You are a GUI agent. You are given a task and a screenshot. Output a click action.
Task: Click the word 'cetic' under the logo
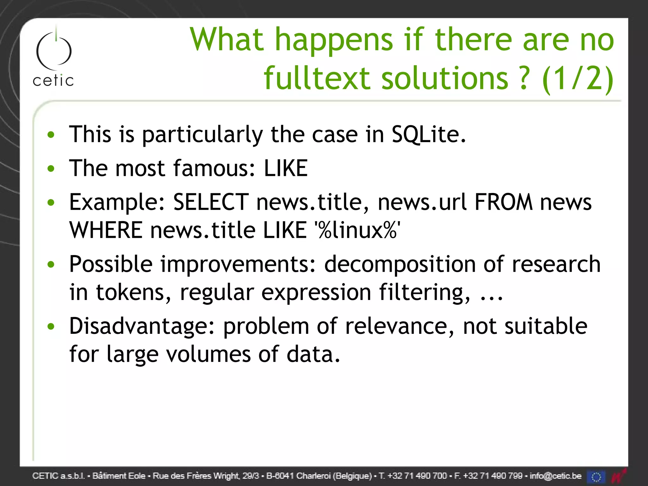coord(53,81)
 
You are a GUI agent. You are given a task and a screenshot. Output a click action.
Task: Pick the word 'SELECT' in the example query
coord(211,202)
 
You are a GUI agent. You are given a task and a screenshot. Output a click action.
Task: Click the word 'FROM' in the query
coord(503,202)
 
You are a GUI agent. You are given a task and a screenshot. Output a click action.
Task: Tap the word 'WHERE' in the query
coord(106,230)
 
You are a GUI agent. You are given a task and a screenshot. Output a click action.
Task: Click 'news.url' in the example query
coord(422,202)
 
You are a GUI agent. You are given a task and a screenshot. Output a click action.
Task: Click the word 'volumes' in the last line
coord(209,354)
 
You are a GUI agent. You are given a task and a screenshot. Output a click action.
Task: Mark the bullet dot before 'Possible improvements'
coord(51,264)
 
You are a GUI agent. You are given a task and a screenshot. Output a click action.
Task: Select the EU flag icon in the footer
coord(595,477)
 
